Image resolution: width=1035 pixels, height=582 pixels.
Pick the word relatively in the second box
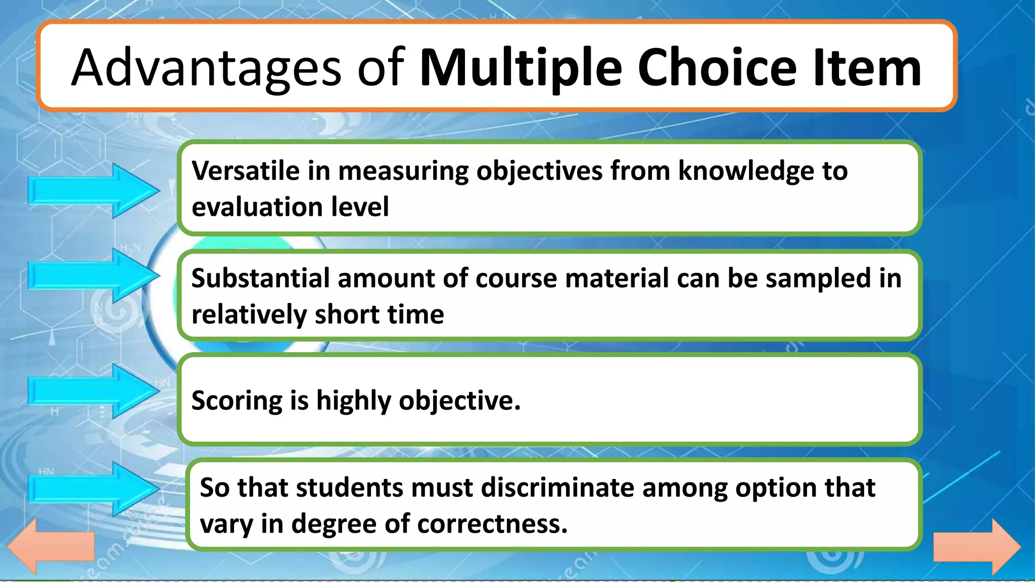coord(249,315)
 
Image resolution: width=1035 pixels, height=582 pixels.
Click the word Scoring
coord(236,401)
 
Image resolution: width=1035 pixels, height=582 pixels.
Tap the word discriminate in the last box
coord(557,488)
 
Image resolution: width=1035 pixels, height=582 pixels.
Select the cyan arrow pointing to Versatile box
coord(93,191)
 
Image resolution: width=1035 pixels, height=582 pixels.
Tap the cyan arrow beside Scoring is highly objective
coord(93,391)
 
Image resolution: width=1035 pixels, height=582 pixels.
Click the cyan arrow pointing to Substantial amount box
coord(93,275)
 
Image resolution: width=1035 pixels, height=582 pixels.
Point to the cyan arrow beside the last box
coord(93,489)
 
